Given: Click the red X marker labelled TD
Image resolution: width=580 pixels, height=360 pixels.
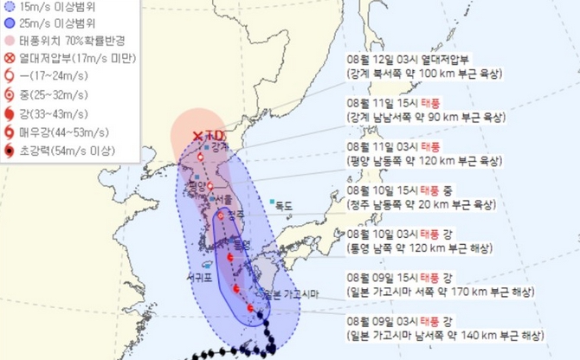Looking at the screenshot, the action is [197, 135].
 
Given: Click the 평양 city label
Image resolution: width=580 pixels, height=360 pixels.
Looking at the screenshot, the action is [196, 184].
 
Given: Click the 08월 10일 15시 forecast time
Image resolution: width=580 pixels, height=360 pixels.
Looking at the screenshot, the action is [375, 190].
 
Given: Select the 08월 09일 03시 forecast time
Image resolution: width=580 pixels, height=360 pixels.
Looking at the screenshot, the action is [375, 321].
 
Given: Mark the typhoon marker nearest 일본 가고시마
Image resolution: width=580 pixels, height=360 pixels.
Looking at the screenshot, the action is [250, 308].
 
